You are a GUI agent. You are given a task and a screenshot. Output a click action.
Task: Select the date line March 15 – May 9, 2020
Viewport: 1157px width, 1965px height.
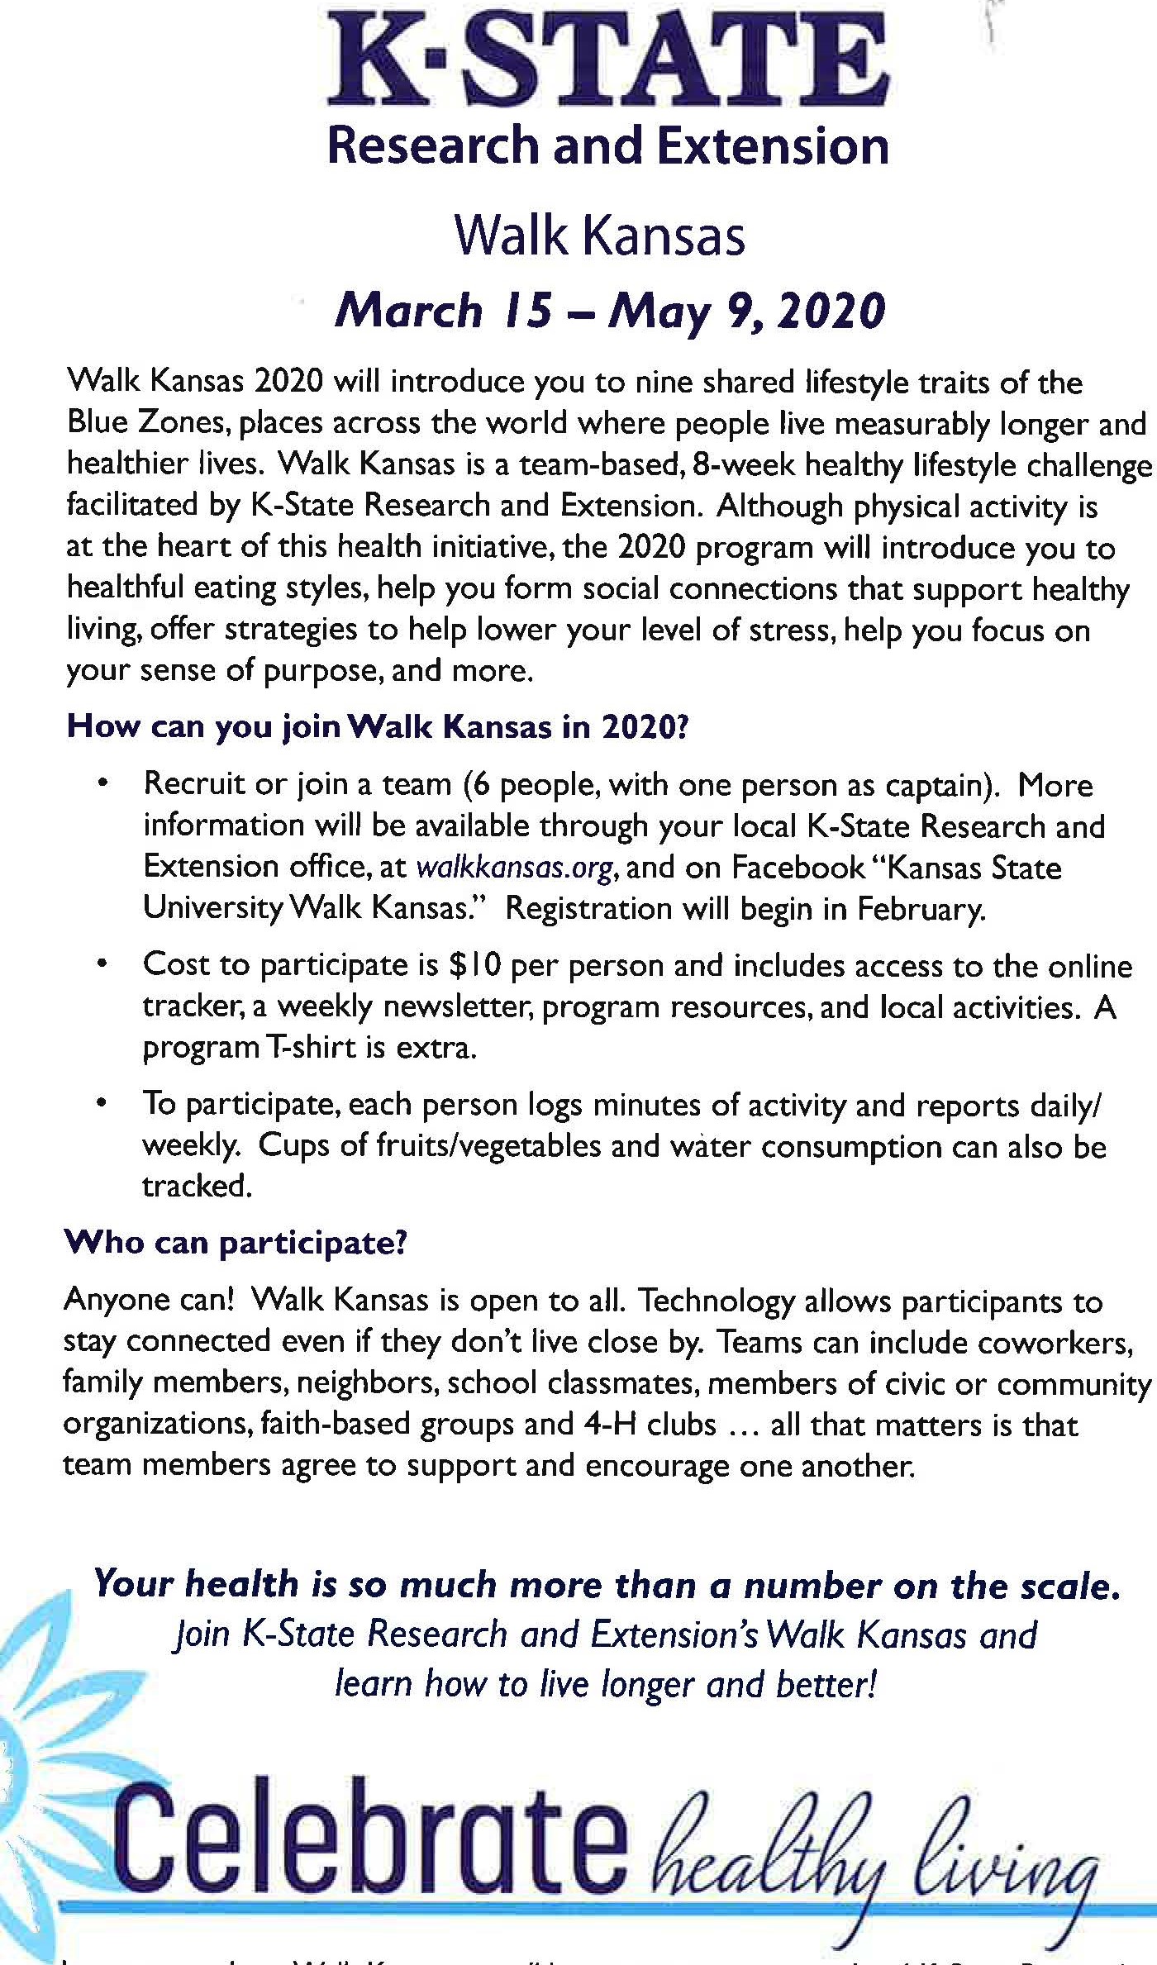point(610,312)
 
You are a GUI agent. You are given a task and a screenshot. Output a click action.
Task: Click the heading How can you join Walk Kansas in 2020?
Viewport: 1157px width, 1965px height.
point(378,726)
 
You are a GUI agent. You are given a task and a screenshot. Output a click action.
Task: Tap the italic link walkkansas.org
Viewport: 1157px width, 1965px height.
point(515,868)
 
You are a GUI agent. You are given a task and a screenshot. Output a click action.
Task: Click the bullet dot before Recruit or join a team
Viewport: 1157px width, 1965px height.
point(102,782)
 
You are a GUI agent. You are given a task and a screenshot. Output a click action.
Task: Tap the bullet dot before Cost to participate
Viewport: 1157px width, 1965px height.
point(102,963)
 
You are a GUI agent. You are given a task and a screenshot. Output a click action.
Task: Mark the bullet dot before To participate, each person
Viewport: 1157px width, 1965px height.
point(102,1103)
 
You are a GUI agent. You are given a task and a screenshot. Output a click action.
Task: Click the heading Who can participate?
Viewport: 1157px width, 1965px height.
point(236,1243)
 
